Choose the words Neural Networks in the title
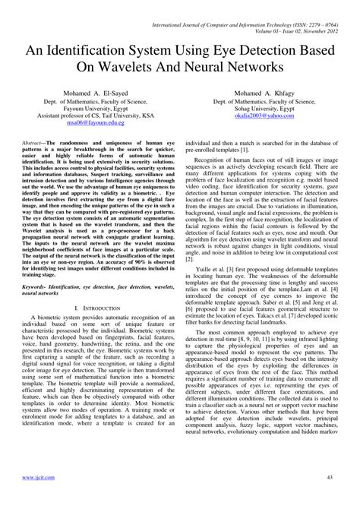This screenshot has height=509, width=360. click(230, 66)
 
